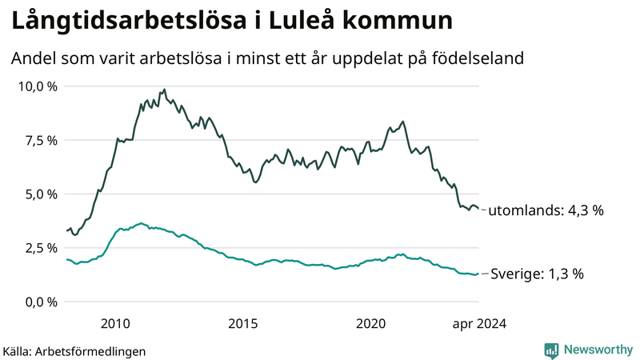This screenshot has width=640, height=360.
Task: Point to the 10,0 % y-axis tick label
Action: [x=37, y=86]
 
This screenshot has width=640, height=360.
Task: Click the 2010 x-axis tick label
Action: [x=115, y=323]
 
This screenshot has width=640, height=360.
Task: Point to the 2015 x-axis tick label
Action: [x=243, y=323]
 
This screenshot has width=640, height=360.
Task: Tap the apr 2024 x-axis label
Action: [x=479, y=323]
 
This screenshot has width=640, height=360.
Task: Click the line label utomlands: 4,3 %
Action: [x=545, y=210]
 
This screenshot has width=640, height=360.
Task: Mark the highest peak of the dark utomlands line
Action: [x=164, y=90]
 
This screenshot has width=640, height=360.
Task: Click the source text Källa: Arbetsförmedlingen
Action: [x=74, y=350]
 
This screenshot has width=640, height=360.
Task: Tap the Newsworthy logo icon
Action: [x=551, y=350]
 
